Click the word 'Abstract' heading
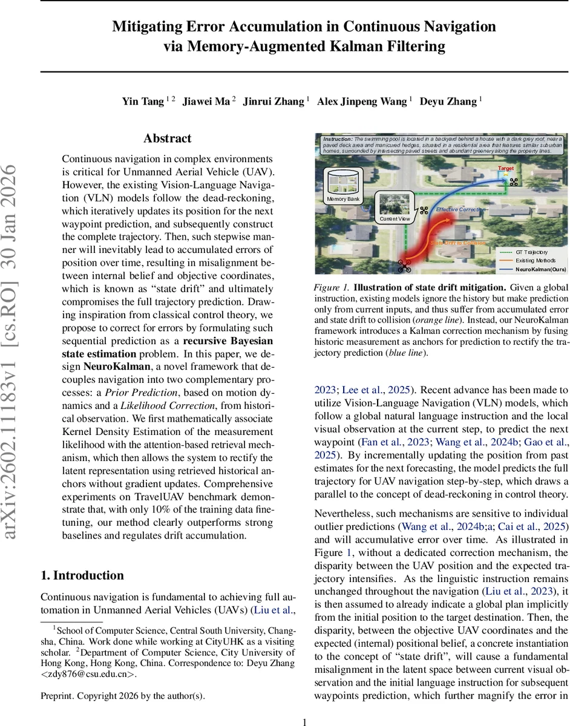(x=167, y=139)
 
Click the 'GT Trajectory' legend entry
(x=526, y=252)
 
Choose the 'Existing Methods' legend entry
(x=526, y=260)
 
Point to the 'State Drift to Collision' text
(x=457, y=242)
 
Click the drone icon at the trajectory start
(x=404, y=264)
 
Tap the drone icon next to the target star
(x=515, y=181)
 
